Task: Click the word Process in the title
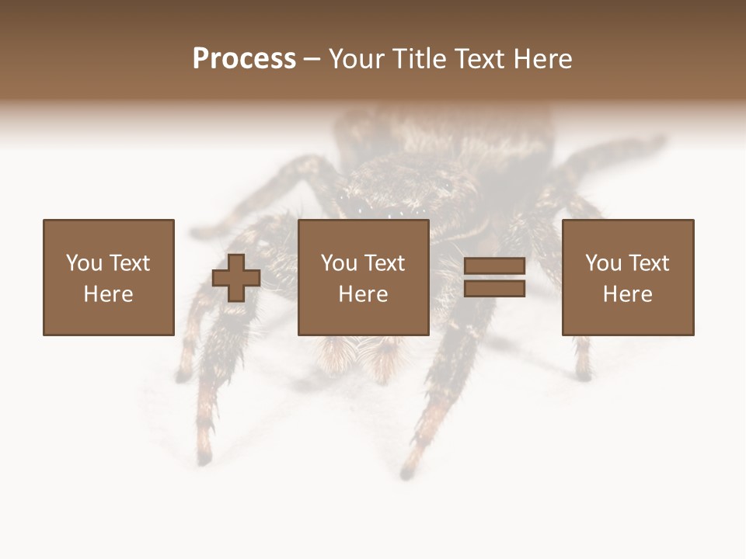tap(244, 59)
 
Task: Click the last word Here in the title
tap(541, 59)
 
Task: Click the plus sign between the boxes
tap(236, 277)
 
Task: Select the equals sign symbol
tap(494, 277)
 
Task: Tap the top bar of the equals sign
tap(494, 266)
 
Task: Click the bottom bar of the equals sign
tap(494, 288)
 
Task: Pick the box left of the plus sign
tap(108, 277)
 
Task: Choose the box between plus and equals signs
tap(363, 277)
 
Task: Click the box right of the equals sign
tap(627, 277)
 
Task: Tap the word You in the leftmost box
tap(84, 263)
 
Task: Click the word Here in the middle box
tap(363, 294)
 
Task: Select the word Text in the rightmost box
tap(647, 263)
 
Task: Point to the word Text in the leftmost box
tap(128, 263)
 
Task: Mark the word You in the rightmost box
tap(603, 263)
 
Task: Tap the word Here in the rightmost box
tap(627, 294)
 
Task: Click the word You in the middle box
tap(339, 263)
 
